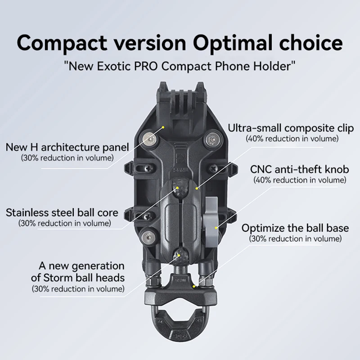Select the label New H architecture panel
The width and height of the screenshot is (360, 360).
[67, 147]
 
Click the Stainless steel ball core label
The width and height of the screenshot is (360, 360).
[62, 212]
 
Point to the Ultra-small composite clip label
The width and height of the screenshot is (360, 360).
[291, 128]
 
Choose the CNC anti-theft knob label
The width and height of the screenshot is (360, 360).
[300, 170]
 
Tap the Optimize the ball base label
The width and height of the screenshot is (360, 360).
[295, 228]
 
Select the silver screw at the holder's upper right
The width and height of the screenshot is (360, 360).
[211, 140]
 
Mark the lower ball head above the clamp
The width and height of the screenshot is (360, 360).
[180, 255]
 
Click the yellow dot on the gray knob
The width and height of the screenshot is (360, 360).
[216, 228]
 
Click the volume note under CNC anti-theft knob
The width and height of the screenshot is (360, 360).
[300, 180]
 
